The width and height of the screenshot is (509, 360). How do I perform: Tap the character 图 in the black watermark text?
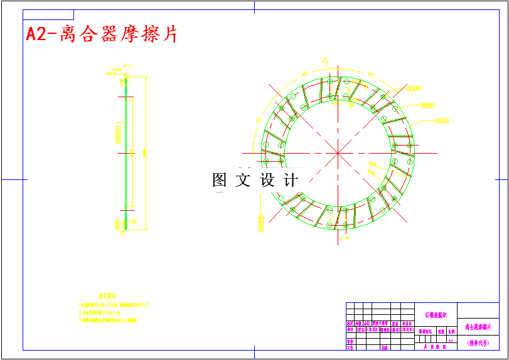[x=220, y=181]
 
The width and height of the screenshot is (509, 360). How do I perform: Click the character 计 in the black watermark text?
[x=291, y=181]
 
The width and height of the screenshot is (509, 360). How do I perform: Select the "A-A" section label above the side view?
[x=127, y=65]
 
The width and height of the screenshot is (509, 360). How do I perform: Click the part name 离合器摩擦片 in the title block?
[x=478, y=327]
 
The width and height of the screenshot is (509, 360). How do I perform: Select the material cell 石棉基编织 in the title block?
[x=436, y=315]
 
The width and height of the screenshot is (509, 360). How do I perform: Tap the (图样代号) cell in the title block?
[x=478, y=343]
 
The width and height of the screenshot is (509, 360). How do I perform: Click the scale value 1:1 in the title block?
[x=451, y=339]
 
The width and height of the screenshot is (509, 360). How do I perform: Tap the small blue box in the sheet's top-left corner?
[x=48, y=14]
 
